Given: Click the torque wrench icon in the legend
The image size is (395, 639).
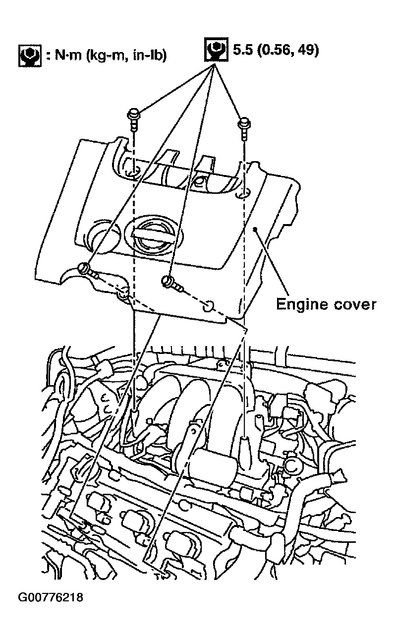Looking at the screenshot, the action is pos(30,56).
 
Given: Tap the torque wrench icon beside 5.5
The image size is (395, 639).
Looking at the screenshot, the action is pos(216,49).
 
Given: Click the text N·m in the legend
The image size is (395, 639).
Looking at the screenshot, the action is pos(66,56).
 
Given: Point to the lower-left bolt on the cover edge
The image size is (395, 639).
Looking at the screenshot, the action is pos(88,271).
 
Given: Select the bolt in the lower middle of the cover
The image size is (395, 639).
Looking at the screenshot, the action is pos(172,283).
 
